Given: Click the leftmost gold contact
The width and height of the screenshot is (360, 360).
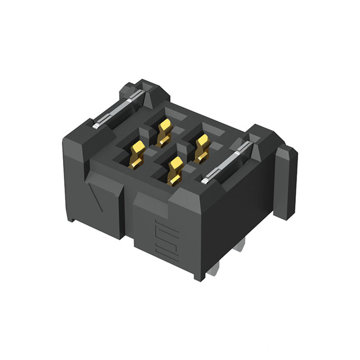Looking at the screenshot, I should (137, 155).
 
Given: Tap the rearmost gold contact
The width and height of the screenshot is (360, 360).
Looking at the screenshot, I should (164, 130).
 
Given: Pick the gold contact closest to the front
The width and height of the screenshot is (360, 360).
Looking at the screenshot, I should (174, 172).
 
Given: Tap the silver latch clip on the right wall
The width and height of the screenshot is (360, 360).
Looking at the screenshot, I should (225, 163).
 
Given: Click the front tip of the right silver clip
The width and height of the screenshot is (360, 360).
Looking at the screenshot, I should (204, 181).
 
